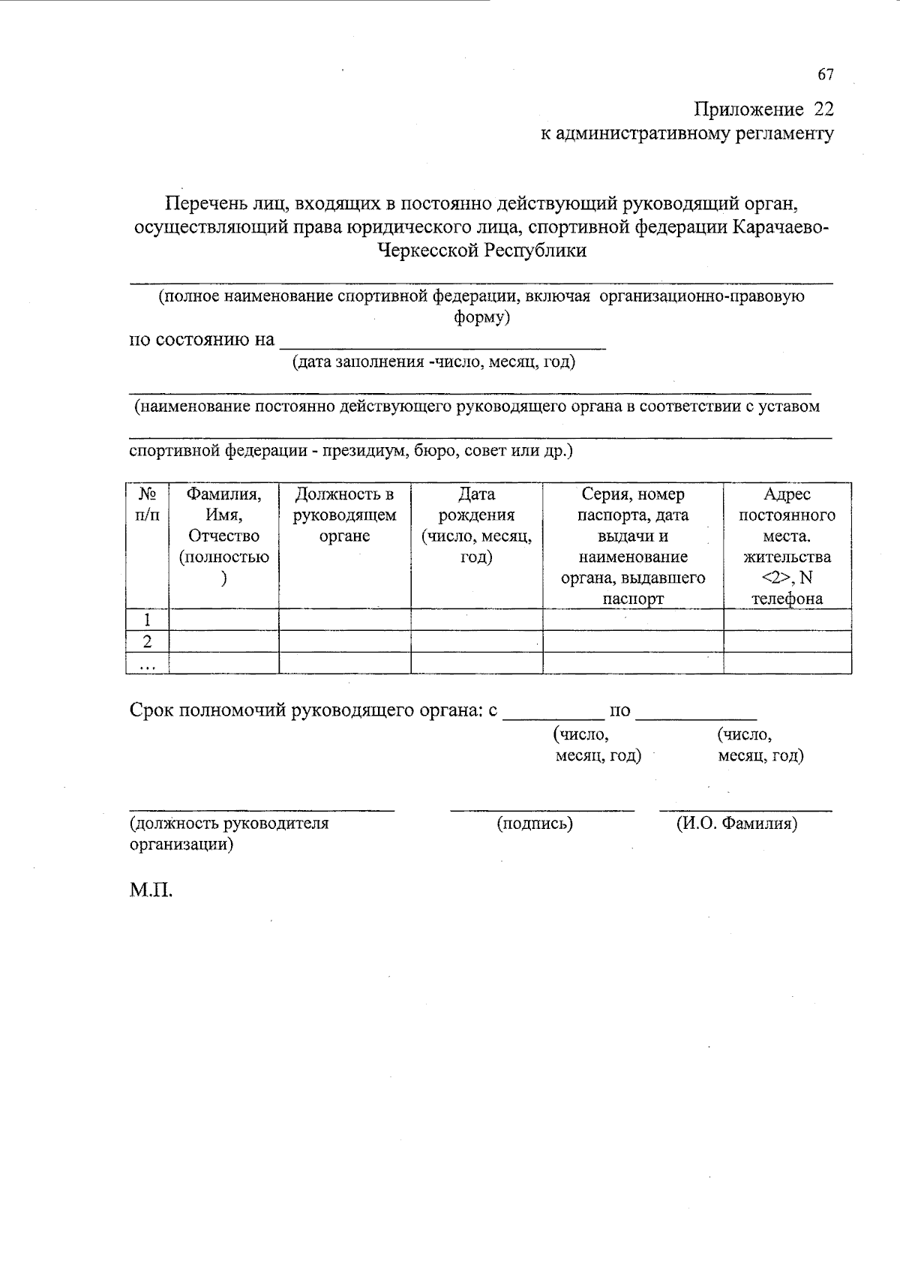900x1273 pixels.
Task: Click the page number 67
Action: click(825, 74)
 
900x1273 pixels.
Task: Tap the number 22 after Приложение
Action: click(823, 110)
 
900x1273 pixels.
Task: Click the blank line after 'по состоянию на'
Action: click(442, 342)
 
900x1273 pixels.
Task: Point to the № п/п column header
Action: click(148, 505)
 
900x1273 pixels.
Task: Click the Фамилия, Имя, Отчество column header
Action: click(223, 536)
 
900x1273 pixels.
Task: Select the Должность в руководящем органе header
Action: click(344, 515)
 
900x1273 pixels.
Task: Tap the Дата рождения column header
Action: click(476, 526)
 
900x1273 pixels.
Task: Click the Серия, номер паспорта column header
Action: click(632, 546)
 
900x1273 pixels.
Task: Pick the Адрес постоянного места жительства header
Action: click(787, 546)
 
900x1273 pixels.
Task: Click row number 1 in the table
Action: click(148, 620)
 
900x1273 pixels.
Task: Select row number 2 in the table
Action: click(148, 641)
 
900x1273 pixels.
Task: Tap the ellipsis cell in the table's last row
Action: click(148, 664)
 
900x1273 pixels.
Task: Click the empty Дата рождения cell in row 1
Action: click(476, 620)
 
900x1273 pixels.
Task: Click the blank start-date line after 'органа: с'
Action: click(553, 712)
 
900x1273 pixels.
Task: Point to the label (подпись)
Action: click(535, 824)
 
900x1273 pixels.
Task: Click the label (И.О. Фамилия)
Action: click(736, 824)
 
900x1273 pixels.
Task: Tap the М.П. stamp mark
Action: click(151, 891)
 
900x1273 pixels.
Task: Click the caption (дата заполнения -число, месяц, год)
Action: click(433, 362)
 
